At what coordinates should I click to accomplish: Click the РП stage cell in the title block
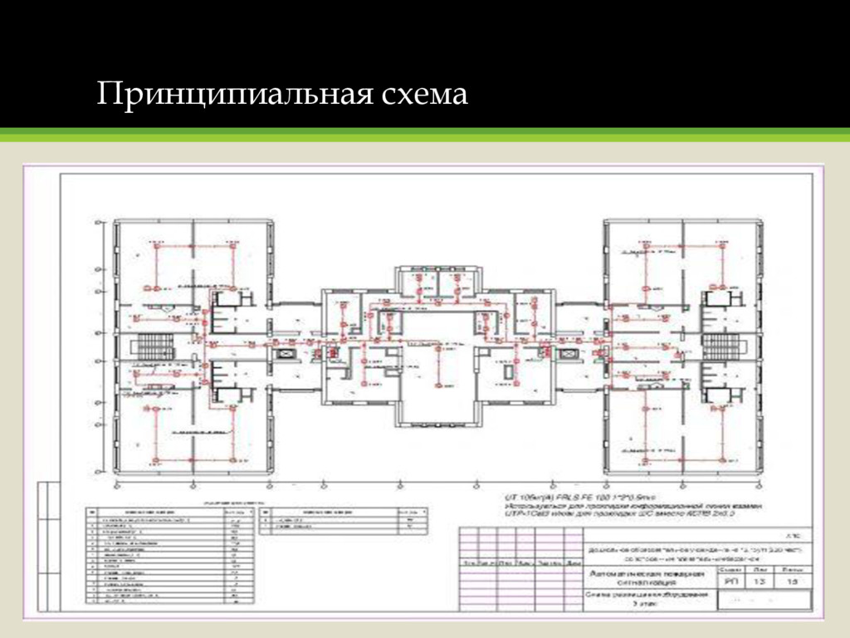click(x=731, y=584)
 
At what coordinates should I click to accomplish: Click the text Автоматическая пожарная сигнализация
click(x=647, y=579)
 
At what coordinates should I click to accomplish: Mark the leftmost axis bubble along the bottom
click(x=115, y=485)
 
